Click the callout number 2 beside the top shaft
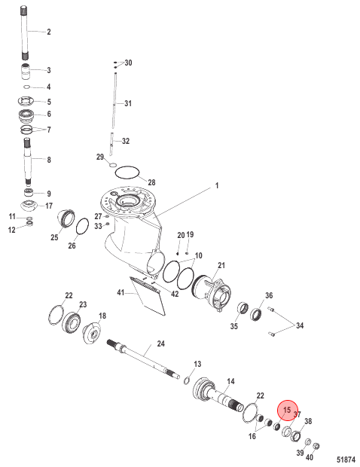pos(49,32)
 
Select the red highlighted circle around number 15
pos(288,410)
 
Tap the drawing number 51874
pos(346,459)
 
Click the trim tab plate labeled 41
pos(148,295)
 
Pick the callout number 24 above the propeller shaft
pos(160,343)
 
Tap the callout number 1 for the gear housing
pos(217,185)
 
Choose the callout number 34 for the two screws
pos(300,325)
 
